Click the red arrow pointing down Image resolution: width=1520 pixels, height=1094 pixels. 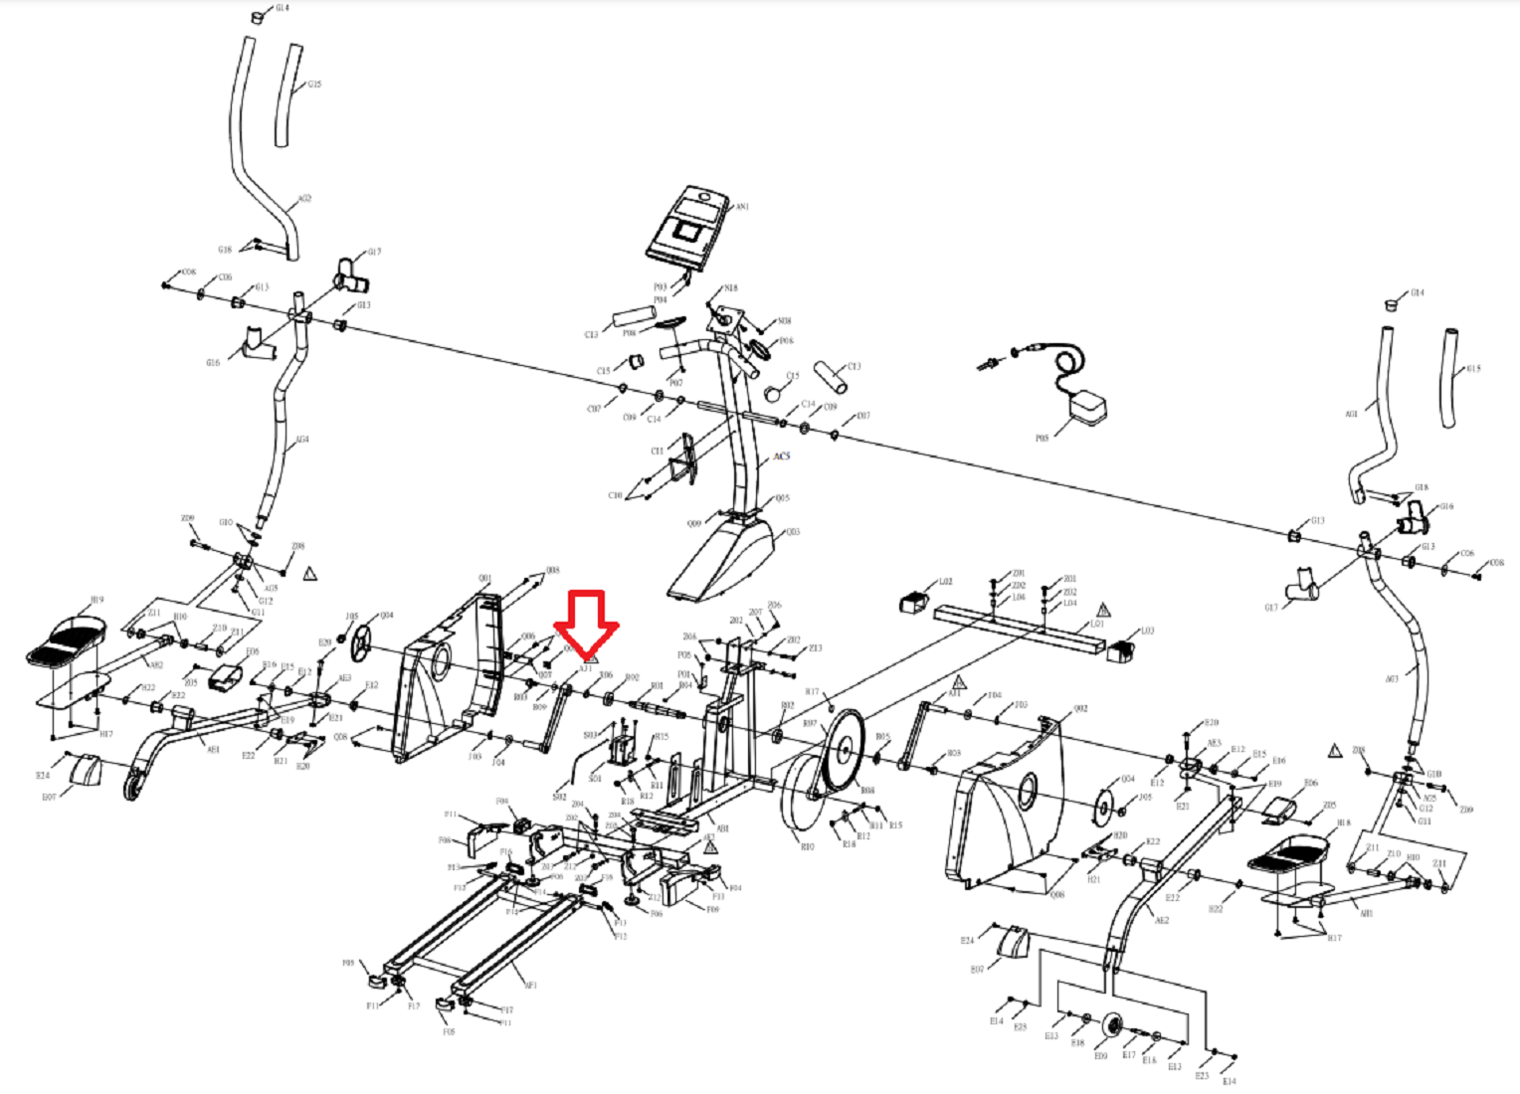(587, 623)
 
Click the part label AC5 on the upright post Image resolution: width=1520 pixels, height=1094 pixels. (782, 456)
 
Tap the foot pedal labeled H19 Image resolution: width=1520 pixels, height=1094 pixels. (68, 640)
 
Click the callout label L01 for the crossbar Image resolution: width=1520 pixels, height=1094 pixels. (1097, 625)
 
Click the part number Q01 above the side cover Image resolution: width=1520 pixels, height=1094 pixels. (484, 578)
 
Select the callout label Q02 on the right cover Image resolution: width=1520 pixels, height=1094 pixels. (1080, 709)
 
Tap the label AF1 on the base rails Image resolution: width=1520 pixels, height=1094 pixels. (531, 986)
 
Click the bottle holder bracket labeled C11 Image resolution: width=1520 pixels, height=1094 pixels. (684, 459)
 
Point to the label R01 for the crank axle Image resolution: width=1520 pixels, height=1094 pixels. (657, 686)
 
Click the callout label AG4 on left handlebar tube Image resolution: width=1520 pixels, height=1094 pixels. (301, 439)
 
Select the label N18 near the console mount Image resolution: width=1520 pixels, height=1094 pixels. (731, 288)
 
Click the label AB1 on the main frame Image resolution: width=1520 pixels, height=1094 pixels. (723, 827)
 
